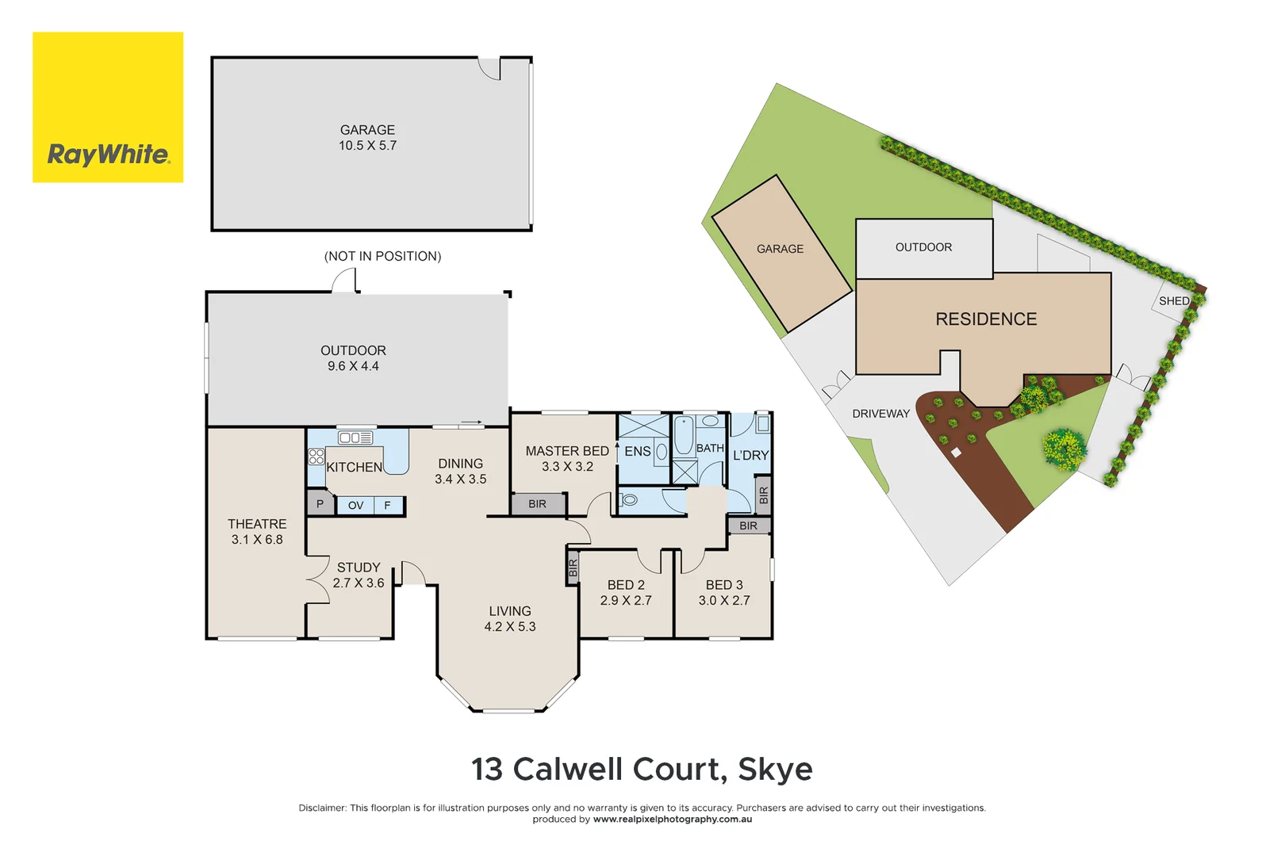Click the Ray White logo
coord(108,107)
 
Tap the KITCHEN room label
coord(354,468)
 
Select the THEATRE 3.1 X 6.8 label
coord(257,532)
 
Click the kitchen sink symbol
coord(355,438)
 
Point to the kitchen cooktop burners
coord(316,457)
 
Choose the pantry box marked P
coord(320,504)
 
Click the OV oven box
coord(355,506)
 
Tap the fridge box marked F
coord(388,506)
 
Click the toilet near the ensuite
coord(629,500)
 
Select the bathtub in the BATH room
coord(684,436)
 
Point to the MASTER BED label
coord(567,451)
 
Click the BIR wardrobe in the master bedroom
coord(538,504)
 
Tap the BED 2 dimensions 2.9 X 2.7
coord(626,601)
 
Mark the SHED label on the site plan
coord(1174,301)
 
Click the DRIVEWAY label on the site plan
coord(880,414)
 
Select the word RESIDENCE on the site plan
coord(986,319)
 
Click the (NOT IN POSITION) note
coord(382,257)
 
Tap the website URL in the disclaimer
coord(673,820)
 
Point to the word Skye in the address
coord(775,770)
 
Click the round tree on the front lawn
coord(1063,449)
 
